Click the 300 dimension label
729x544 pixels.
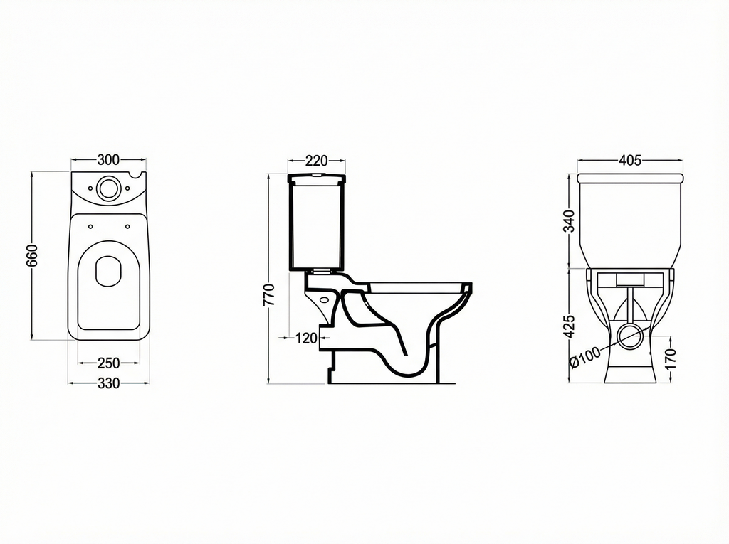tap(108, 159)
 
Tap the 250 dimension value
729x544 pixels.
tap(108, 363)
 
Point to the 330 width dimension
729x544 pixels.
tap(108, 383)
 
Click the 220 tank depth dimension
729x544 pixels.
tap(316, 161)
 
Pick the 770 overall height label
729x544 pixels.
tap(268, 294)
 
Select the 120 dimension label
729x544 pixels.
tap(305, 338)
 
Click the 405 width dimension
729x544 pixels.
tap(630, 161)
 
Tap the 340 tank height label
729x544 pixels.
tap(568, 221)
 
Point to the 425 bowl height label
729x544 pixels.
tap(568, 326)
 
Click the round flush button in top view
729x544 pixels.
tap(108, 188)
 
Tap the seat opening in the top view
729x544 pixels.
tap(108, 271)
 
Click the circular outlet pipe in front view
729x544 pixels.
tap(630, 336)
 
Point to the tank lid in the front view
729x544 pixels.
tap(630, 177)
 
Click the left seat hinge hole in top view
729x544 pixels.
tap(90, 227)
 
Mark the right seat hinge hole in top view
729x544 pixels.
tap(127, 227)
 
